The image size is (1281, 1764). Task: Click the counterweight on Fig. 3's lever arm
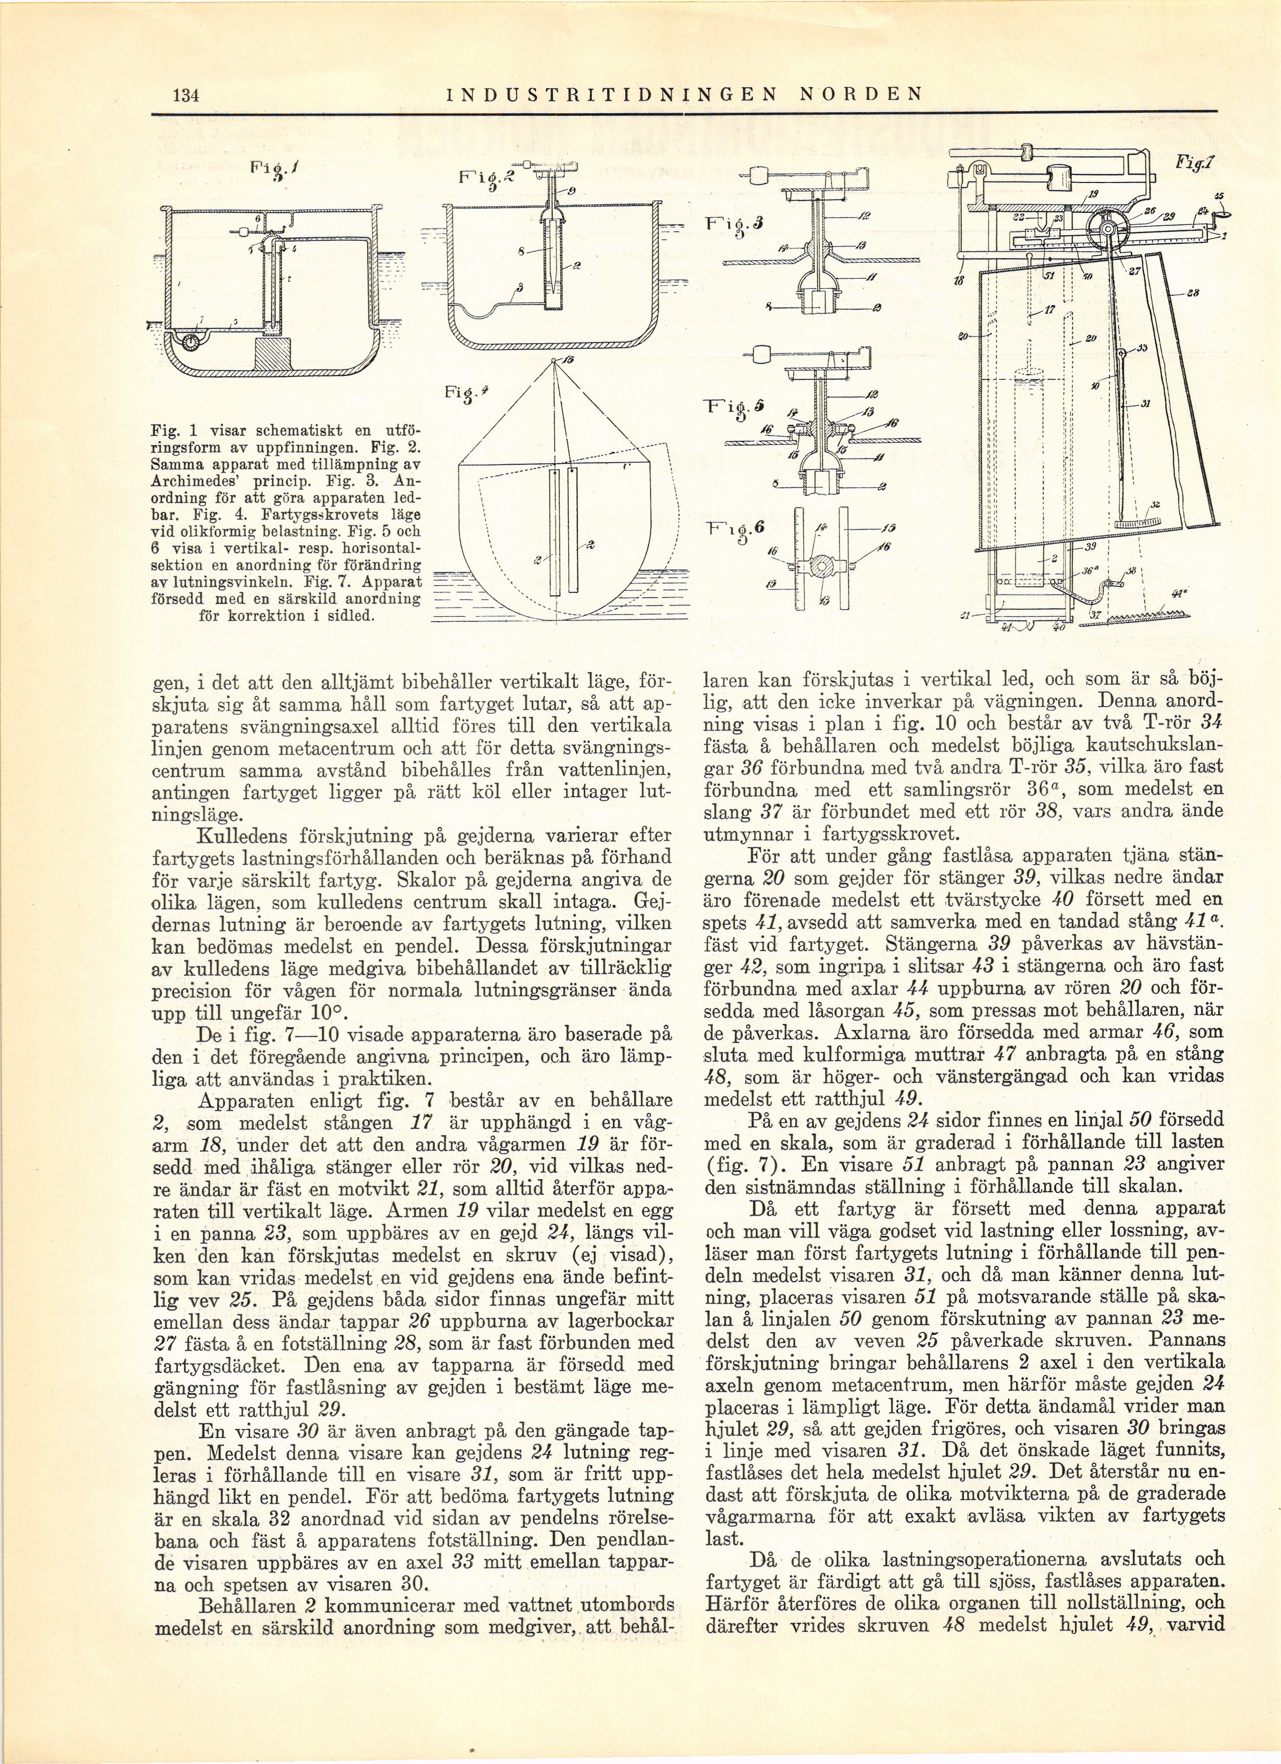760,174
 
